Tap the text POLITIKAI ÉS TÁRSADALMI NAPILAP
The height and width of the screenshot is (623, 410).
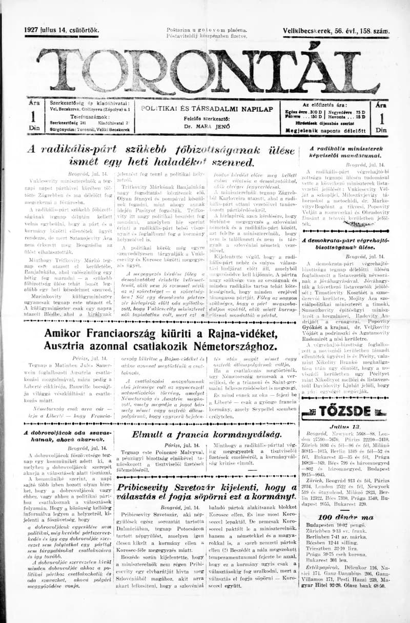click(x=207, y=109)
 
